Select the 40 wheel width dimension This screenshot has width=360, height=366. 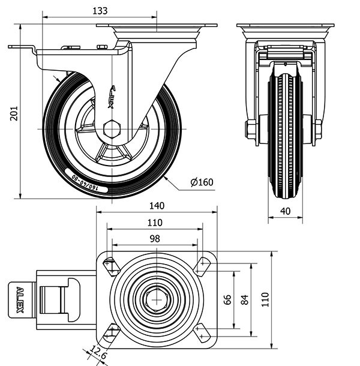click(x=286, y=211)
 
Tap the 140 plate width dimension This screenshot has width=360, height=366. click(x=156, y=206)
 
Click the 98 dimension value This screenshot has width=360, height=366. click(x=154, y=238)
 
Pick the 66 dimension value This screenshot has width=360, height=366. click(x=227, y=299)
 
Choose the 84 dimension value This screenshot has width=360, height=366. click(x=244, y=299)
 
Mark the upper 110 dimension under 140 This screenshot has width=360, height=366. click(x=155, y=222)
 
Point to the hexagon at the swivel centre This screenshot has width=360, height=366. click(x=156, y=299)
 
